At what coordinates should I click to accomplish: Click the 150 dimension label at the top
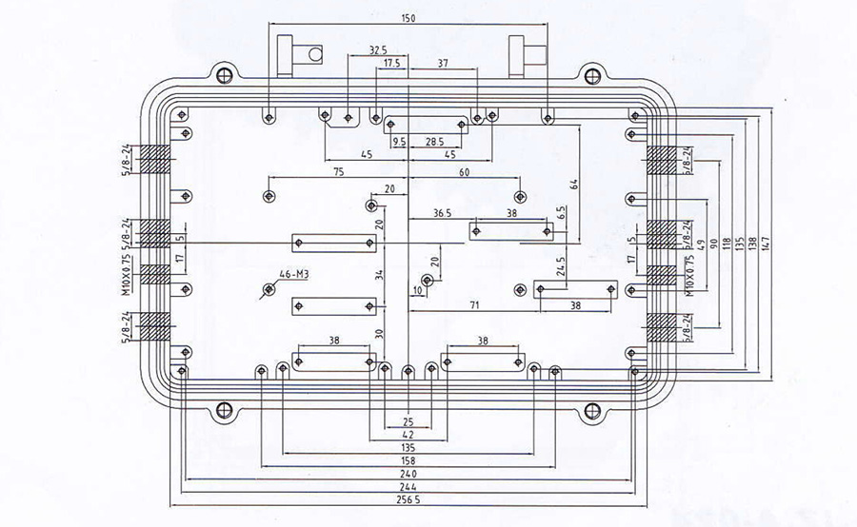(x=409, y=18)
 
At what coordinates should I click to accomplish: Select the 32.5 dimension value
(x=377, y=49)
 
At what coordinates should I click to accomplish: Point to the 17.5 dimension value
(x=392, y=64)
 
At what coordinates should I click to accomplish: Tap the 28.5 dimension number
(x=434, y=141)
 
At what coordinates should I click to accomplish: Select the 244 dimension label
(x=409, y=487)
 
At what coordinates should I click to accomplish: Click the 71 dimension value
(x=473, y=304)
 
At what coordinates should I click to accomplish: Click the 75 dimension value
(x=338, y=172)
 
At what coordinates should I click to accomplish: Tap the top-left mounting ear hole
(x=224, y=73)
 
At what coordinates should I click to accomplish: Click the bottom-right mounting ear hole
(x=593, y=411)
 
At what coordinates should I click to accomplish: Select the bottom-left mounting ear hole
(x=225, y=411)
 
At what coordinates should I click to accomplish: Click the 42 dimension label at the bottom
(x=409, y=433)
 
